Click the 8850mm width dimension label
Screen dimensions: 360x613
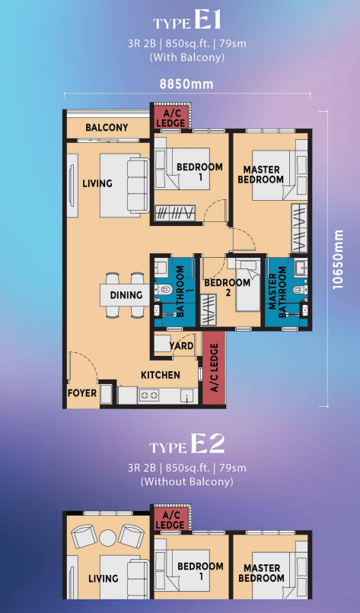(186, 84)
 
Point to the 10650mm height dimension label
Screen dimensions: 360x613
(338, 259)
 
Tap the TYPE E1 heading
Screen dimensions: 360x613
(187, 22)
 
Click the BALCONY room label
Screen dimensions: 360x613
(107, 128)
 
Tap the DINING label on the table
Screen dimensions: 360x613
(126, 295)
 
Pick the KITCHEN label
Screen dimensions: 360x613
(161, 375)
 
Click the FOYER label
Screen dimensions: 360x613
(82, 392)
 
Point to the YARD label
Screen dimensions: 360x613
(181, 345)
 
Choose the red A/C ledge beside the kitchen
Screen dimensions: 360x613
(214, 368)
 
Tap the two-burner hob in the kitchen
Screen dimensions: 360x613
(149, 395)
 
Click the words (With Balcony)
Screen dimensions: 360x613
(187, 57)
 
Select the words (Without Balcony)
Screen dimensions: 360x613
(187, 481)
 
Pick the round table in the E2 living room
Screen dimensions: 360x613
(107, 538)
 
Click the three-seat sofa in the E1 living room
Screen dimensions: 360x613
(138, 185)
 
